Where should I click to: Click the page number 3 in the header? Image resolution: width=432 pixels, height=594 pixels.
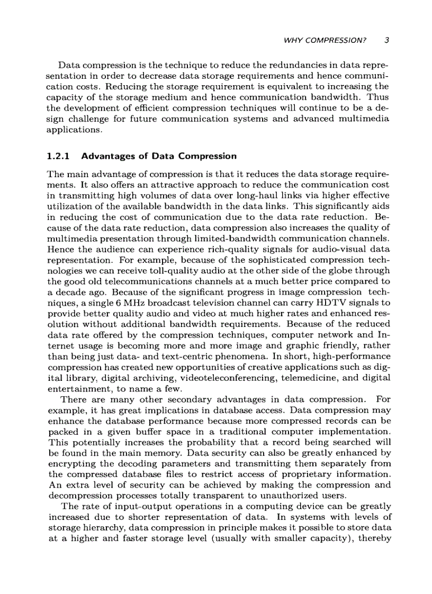(387, 40)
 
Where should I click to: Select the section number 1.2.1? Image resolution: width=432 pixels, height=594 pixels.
(58, 156)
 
